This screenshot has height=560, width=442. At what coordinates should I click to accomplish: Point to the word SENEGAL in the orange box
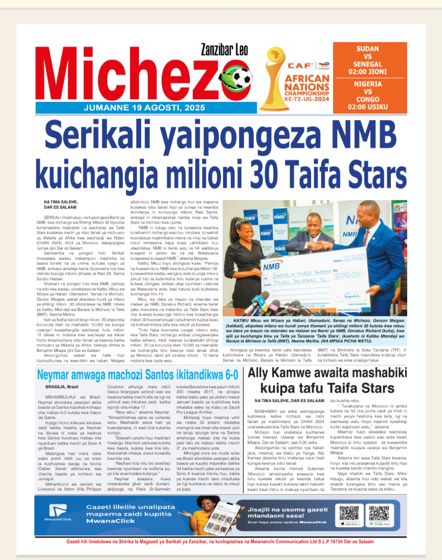click(367, 64)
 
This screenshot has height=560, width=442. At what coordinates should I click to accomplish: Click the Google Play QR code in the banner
click(380, 511)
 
